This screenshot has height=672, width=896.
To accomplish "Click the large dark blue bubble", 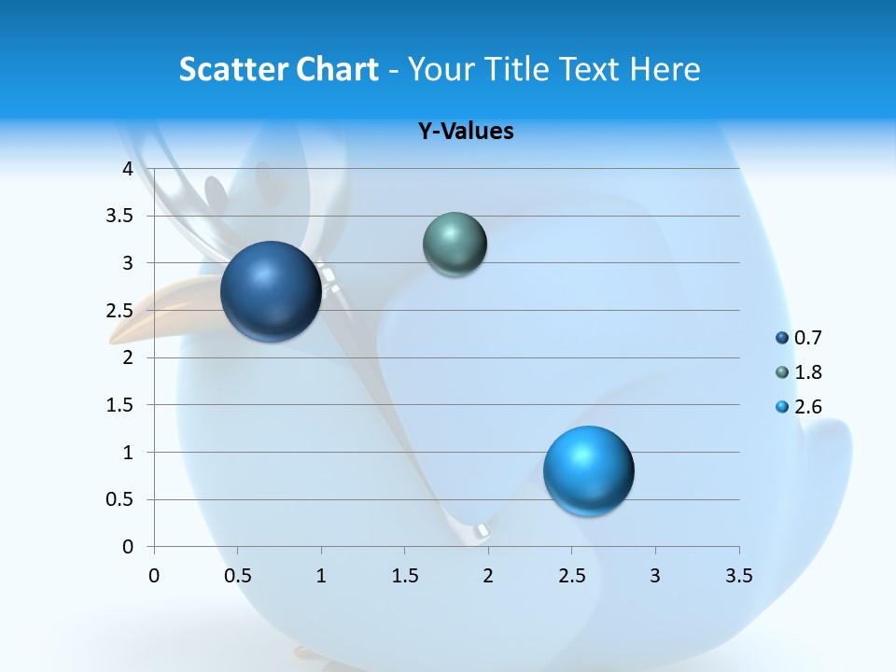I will pos(272,291).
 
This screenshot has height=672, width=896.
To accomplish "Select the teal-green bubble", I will pos(455,245).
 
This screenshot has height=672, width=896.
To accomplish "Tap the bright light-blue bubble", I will pos(588,470).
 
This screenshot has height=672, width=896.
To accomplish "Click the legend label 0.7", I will pos(807,338).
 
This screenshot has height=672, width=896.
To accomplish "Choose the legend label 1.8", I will pos(807,372).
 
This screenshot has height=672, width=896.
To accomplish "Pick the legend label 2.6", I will pos(807,407).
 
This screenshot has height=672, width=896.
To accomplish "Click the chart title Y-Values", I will pos(466,132).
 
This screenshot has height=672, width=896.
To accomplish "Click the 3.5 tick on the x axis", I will pos(738,576).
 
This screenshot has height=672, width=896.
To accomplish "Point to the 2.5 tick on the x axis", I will pos(571,576).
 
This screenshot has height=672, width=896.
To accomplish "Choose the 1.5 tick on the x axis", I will pos(404,576).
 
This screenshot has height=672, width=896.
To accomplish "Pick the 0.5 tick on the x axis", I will pos(237,576).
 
